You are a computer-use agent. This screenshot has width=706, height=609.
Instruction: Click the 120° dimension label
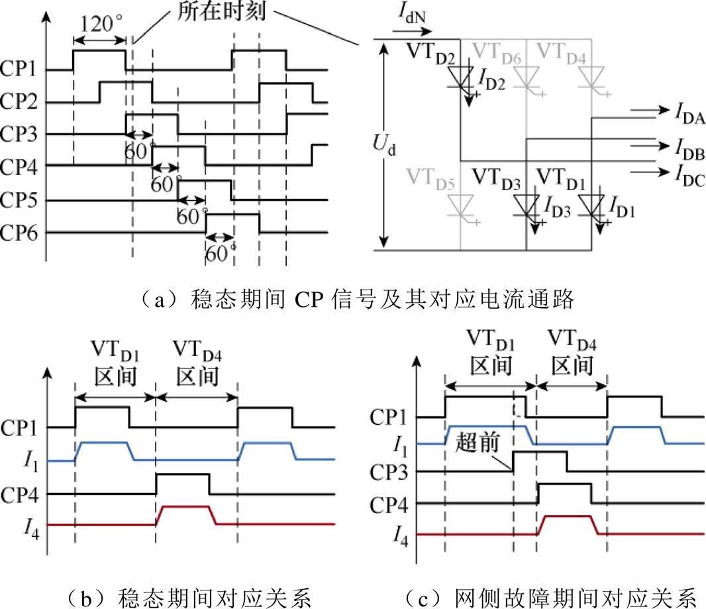(101, 23)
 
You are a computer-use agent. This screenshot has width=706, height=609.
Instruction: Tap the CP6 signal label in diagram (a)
(19, 233)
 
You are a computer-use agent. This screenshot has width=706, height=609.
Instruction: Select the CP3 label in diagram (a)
(19, 134)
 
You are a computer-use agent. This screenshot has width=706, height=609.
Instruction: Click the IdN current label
(411, 13)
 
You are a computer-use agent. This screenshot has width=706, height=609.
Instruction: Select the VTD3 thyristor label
(496, 179)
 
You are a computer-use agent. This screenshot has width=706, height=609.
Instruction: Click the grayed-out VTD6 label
(496, 53)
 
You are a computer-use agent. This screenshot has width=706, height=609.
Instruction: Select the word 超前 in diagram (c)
(478, 442)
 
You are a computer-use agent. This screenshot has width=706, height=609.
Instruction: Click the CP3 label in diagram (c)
(389, 472)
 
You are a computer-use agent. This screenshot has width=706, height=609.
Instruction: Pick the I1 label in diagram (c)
(400, 447)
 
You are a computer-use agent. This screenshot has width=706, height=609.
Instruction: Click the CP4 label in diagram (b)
(19, 495)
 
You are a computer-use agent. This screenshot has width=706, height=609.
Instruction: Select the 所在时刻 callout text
(221, 11)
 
